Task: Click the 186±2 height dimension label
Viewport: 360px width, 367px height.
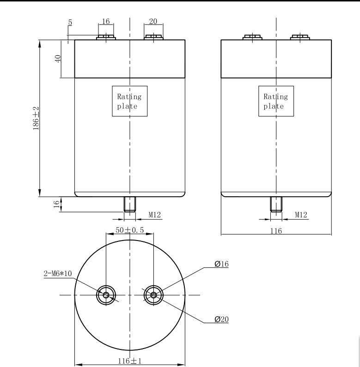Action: click(x=36, y=118)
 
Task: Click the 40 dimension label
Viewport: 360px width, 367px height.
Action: click(x=58, y=59)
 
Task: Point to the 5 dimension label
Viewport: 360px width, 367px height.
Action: click(x=70, y=22)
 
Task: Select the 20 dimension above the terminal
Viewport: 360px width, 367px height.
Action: click(x=153, y=21)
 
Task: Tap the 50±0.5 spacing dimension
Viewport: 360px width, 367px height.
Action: click(x=129, y=230)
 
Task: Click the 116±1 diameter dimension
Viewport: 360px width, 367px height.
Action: click(x=129, y=361)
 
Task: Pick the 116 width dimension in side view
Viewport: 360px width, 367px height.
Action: click(x=276, y=231)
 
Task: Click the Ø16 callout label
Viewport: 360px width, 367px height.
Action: click(x=221, y=264)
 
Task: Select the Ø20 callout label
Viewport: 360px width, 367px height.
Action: click(x=221, y=319)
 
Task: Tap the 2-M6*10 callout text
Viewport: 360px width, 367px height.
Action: click(x=58, y=273)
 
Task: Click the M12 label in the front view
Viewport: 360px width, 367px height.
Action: click(x=155, y=215)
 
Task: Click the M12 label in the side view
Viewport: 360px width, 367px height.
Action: click(x=301, y=215)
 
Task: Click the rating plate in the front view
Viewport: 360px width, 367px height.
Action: click(x=130, y=101)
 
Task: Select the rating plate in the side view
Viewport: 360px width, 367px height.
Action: click(x=276, y=101)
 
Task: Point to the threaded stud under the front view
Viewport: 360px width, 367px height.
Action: click(x=129, y=204)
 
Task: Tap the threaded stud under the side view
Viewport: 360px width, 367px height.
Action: click(x=276, y=204)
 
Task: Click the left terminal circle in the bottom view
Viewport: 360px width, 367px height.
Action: click(x=106, y=295)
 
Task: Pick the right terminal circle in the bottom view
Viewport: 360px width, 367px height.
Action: click(x=153, y=295)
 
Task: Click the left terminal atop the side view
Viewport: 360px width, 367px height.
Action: click(x=252, y=37)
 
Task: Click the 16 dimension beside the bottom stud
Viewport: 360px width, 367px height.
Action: click(x=56, y=204)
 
